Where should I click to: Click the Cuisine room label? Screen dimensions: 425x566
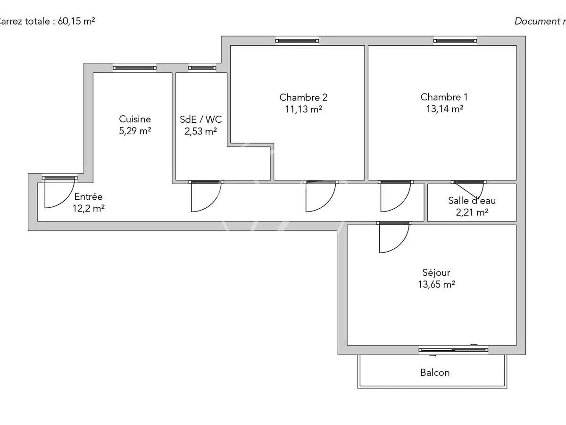(x=135, y=119)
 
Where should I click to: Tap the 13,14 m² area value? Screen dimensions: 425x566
(x=444, y=109)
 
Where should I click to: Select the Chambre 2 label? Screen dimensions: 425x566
(x=303, y=97)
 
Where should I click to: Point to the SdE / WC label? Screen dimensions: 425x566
(x=200, y=119)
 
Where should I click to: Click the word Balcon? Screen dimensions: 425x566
(x=435, y=373)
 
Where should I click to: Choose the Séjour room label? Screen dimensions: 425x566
(x=436, y=272)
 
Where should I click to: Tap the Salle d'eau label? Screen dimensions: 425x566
(x=472, y=201)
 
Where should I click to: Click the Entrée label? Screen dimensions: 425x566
(x=88, y=197)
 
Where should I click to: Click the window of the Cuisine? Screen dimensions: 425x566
(x=134, y=68)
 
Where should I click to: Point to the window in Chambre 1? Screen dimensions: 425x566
(x=455, y=41)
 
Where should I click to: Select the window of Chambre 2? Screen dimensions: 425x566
(x=297, y=41)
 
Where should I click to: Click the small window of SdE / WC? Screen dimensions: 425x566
(x=202, y=68)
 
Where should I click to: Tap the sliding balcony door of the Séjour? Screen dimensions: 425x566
(x=453, y=350)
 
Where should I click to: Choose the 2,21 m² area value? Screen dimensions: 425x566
(x=472, y=212)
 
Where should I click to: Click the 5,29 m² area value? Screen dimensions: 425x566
(x=135, y=131)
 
